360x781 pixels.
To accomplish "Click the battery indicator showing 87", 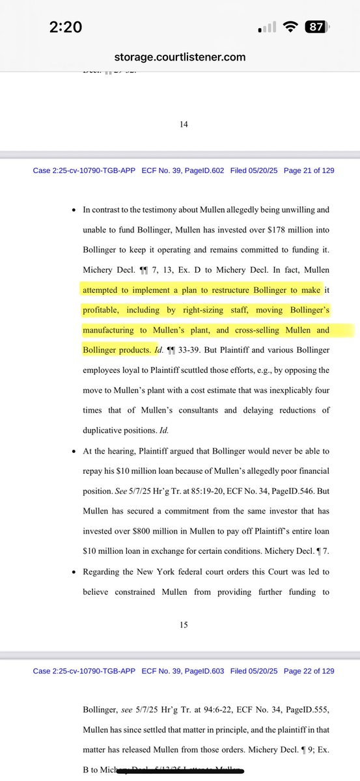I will point(317,27).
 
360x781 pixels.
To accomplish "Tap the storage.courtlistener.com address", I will point(180,57).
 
